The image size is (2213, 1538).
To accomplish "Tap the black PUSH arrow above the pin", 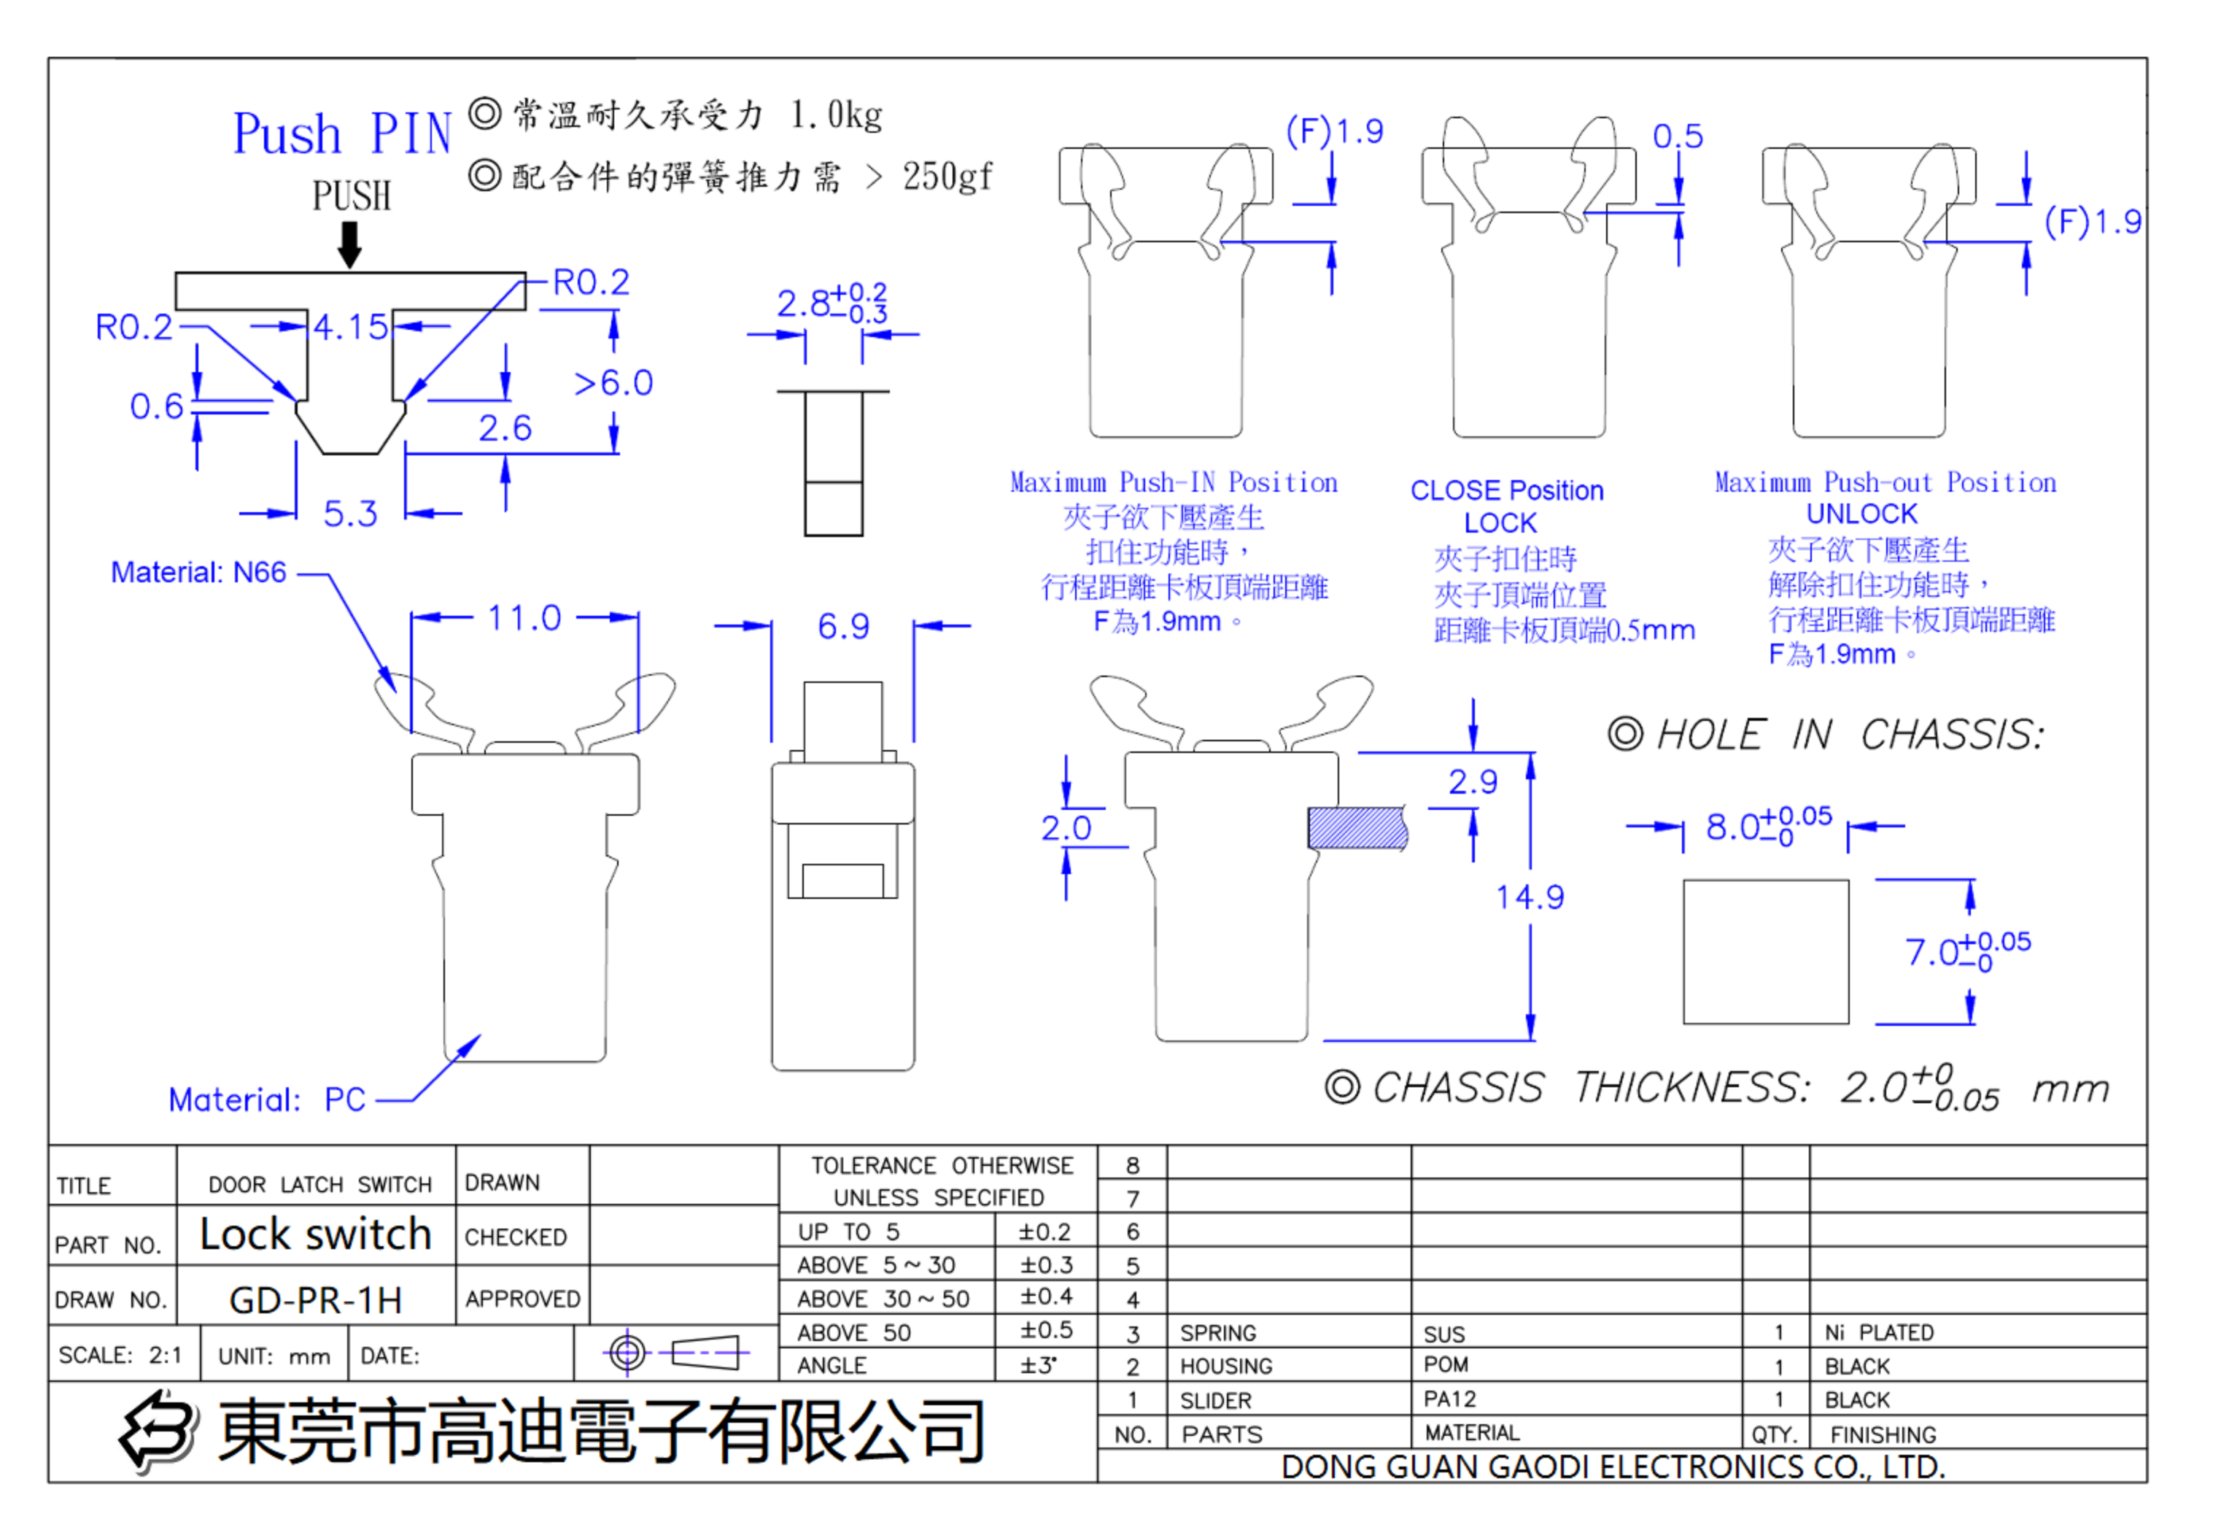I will [349, 244].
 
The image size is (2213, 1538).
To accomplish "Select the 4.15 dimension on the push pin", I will [349, 327].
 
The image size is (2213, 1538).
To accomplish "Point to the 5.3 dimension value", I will [349, 513].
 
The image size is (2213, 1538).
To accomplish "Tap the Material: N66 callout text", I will [198, 573].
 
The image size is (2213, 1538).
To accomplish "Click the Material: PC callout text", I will [266, 1099].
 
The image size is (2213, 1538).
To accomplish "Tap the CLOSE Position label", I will [1505, 490].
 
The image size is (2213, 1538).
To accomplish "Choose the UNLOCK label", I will [1861, 514].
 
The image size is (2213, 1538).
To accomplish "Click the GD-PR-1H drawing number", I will [315, 1300].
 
